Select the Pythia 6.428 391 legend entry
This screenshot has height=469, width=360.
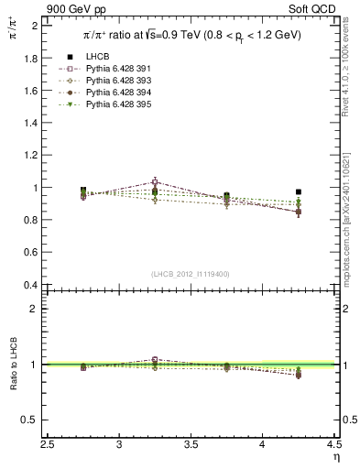[115, 94]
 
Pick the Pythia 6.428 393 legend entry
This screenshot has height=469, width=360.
[115, 105]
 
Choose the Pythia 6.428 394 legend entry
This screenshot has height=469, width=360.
[115, 116]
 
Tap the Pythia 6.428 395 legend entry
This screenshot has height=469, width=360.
[115, 127]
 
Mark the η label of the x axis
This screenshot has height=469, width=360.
[335, 457]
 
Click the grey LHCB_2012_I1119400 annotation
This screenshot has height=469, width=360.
[191, 274]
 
